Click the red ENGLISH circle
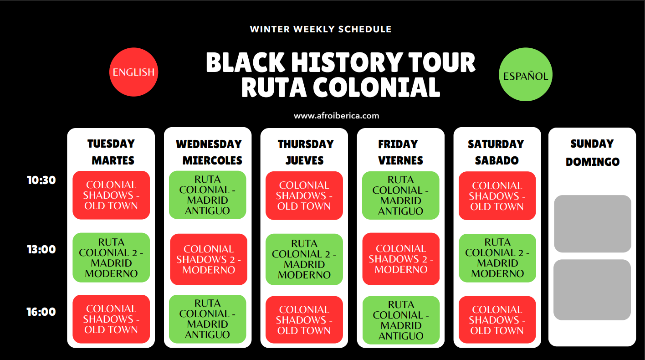pos(133,72)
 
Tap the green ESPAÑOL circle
pos(526,74)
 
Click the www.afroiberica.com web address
pos(336,116)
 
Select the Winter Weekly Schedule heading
pos(321,29)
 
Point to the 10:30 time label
pos(41,180)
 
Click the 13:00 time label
pos(41,249)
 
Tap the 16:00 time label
pos(41,312)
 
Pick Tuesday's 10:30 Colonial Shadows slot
pos(111,195)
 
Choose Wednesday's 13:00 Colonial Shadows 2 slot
pos(209,259)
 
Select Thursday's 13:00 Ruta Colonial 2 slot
pos(304,259)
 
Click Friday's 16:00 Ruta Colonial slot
pos(401,320)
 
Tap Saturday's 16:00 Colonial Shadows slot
pos(497,320)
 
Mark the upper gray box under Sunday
pos(593,224)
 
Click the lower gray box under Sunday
pos(592,290)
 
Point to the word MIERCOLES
pos(213,160)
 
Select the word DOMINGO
pos(593,162)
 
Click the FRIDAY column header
pos(398,144)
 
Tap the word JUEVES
pos(305,160)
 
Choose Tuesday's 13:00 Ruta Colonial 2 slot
pos(111,257)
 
